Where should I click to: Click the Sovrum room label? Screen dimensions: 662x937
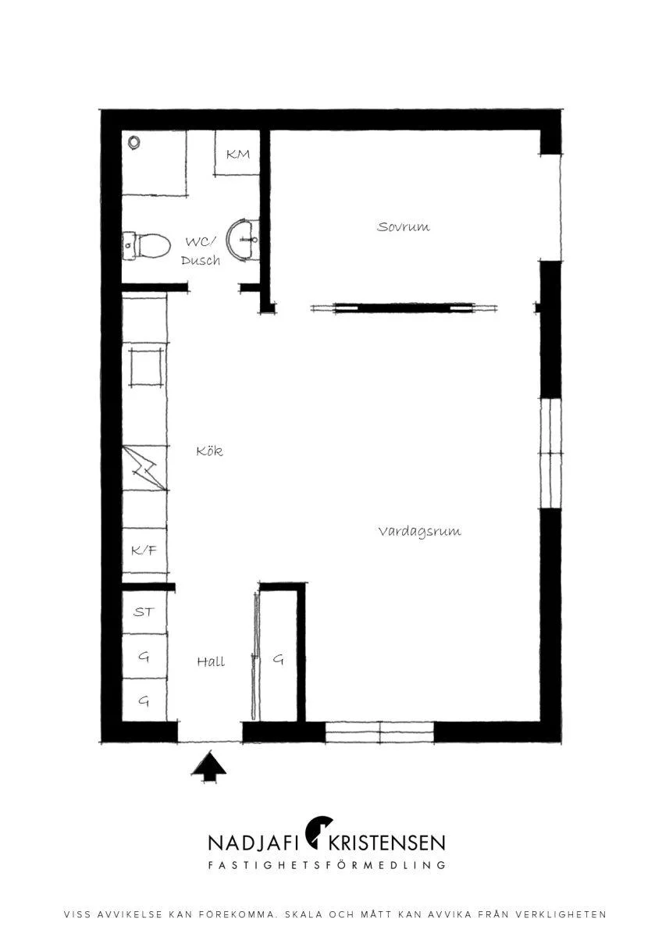(x=403, y=227)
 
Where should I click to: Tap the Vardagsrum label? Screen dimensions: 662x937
(x=420, y=532)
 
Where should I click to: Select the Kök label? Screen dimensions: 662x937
(x=209, y=451)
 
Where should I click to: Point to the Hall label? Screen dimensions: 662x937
(x=211, y=661)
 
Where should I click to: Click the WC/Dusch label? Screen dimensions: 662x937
(x=201, y=251)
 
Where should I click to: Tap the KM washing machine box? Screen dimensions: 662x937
(x=237, y=153)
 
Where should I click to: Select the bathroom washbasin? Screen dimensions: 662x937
(x=243, y=238)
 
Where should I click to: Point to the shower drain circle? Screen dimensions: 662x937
(x=133, y=142)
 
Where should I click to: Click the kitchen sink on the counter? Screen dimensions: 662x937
(x=145, y=366)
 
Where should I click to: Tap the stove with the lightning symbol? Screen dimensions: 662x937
(x=145, y=468)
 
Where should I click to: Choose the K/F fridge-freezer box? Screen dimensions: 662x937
(x=144, y=550)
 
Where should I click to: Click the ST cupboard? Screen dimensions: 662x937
(x=144, y=612)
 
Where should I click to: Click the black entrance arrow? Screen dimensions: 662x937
(x=208, y=766)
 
